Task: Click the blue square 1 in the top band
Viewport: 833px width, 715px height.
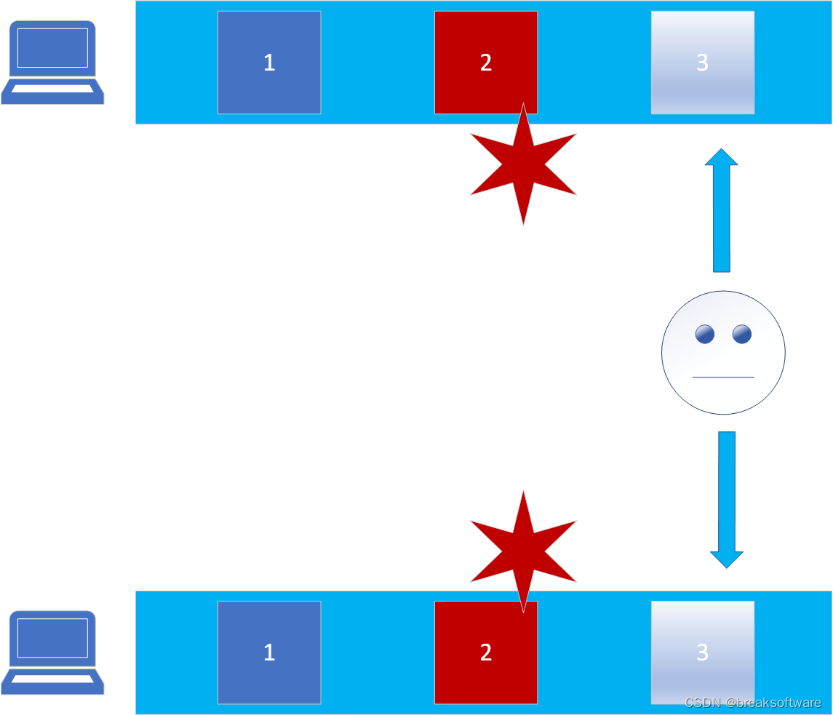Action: pos(269,63)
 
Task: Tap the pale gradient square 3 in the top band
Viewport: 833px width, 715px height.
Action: pos(702,63)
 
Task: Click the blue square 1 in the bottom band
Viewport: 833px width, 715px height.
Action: pos(269,652)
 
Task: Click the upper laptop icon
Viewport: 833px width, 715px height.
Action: pos(52,63)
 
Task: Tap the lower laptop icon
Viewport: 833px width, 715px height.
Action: pos(52,652)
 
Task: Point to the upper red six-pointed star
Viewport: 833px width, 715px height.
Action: pos(523,165)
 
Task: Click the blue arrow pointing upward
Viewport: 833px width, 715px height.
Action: pos(721,210)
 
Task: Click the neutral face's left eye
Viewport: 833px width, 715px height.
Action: pos(704,334)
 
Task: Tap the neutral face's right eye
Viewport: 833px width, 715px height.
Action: pos(742,334)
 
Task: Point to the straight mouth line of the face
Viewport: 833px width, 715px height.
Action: pos(723,377)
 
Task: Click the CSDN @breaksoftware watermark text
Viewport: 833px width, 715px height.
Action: pos(753,703)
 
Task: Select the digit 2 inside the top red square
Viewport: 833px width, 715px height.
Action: pos(486,63)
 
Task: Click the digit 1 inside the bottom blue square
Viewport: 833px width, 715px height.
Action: pos(269,652)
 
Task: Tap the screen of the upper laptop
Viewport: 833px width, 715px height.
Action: pos(52,47)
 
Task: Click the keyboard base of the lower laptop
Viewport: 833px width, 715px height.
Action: pos(52,679)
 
